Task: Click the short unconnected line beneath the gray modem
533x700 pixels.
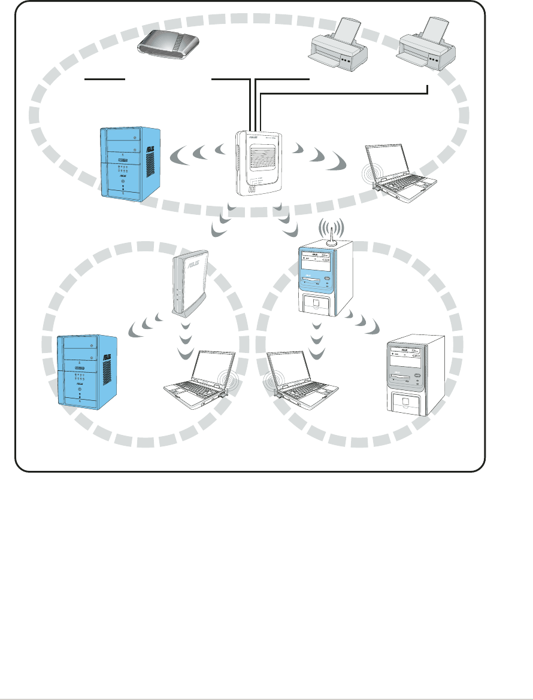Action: [105, 78]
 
